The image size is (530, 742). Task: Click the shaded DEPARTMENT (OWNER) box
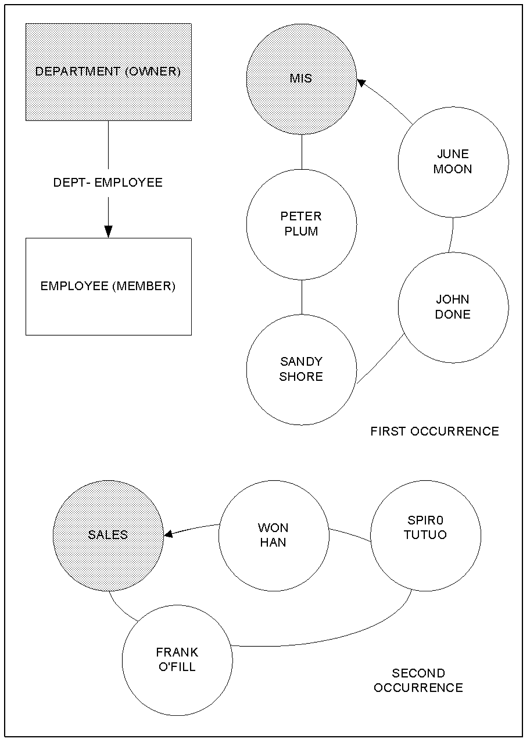pyautogui.click(x=109, y=72)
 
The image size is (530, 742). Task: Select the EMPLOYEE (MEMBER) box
pyautogui.click(x=109, y=286)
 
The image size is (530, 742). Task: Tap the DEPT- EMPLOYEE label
pyautogui.click(x=108, y=183)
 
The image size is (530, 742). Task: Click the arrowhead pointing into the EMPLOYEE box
pyautogui.click(x=108, y=231)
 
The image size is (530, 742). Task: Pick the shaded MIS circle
pyautogui.click(x=301, y=79)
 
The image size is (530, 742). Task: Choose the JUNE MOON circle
pyautogui.click(x=453, y=162)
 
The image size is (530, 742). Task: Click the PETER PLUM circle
pyautogui.click(x=301, y=224)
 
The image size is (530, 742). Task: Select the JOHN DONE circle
pyautogui.click(x=453, y=307)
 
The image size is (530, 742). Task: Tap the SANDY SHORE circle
pyautogui.click(x=301, y=369)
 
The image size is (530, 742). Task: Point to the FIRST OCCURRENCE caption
pyautogui.click(x=435, y=431)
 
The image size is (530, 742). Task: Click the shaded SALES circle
pyautogui.click(x=108, y=535)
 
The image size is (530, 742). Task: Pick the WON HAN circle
pyautogui.click(x=274, y=536)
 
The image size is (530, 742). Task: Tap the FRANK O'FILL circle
pyautogui.click(x=177, y=660)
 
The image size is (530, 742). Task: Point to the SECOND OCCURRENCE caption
pyautogui.click(x=418, y=680)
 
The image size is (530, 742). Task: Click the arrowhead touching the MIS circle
pyautogui.click(x=361, y=83)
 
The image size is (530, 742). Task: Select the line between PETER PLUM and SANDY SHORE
pyautogui.click(x=301, y=297)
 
